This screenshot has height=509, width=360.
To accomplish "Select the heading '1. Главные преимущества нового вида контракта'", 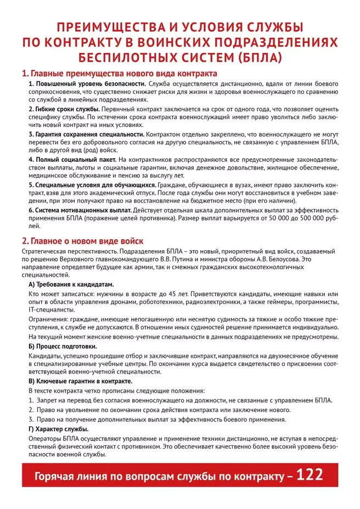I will (119, 73).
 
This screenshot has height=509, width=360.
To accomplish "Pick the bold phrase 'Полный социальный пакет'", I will (71, 159).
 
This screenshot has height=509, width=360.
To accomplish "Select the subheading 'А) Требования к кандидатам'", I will (71, 285).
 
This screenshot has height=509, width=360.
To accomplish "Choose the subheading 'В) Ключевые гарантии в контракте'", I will (80, 380).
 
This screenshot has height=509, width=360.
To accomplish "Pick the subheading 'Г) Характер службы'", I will (58, 428).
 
